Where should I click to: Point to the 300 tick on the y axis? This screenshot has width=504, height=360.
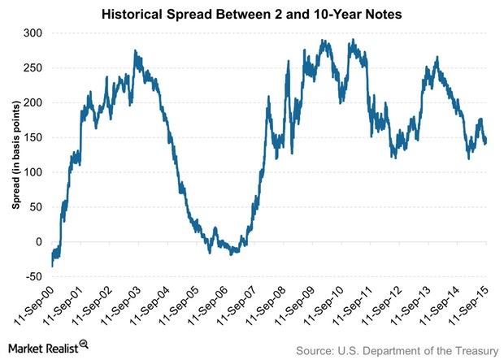tap(35, 33)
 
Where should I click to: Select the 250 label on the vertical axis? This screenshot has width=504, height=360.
tap(35, 68)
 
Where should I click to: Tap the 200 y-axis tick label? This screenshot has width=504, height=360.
tap(35, 103)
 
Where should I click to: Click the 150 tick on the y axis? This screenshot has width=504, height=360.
tap(35, 138)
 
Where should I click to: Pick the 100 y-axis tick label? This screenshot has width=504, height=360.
tap(35, 173)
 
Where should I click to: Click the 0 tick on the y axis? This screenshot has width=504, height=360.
tap(41, 242)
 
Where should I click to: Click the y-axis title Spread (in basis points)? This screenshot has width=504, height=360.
tap(15, 155)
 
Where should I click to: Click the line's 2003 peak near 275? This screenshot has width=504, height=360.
tap(135, 51)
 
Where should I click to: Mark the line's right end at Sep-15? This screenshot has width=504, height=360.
tap(486, 142)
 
